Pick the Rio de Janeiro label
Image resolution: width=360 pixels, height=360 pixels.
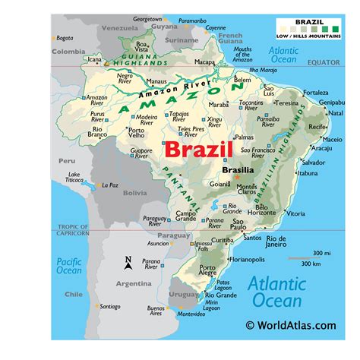(279, 242)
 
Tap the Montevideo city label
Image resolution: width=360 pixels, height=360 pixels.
(191, 313)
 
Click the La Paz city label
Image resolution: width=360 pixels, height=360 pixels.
(110, 185)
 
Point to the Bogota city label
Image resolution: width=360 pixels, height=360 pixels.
(65, 37)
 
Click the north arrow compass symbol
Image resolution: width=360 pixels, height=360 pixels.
(128, 262)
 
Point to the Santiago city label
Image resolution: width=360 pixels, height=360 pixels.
(109, 307)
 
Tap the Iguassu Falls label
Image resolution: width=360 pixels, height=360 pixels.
(204, 246)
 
